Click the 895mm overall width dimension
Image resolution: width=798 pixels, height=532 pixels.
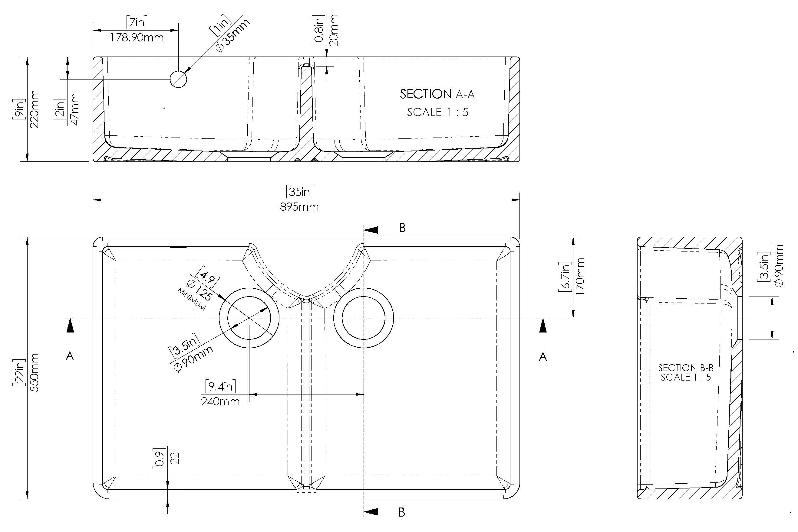299,207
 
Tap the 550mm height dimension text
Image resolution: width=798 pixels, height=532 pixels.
34,372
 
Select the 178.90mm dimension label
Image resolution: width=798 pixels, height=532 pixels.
137,38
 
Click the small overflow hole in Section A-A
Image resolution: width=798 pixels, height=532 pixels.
178,79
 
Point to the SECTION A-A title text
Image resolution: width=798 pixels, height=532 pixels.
437,94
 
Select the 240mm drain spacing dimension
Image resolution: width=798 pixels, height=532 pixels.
220,402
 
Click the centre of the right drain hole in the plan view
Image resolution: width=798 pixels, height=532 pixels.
363,318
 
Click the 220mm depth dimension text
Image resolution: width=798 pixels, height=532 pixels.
34,109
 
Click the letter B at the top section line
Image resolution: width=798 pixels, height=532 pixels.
402,228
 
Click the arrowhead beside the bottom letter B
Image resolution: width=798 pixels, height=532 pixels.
372,512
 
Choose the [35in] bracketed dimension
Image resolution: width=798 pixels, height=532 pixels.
299,192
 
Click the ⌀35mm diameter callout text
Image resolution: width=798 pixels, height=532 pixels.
233,35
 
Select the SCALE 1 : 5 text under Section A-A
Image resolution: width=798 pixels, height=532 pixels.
437,112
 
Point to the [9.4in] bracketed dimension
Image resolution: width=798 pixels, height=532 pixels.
220,386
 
